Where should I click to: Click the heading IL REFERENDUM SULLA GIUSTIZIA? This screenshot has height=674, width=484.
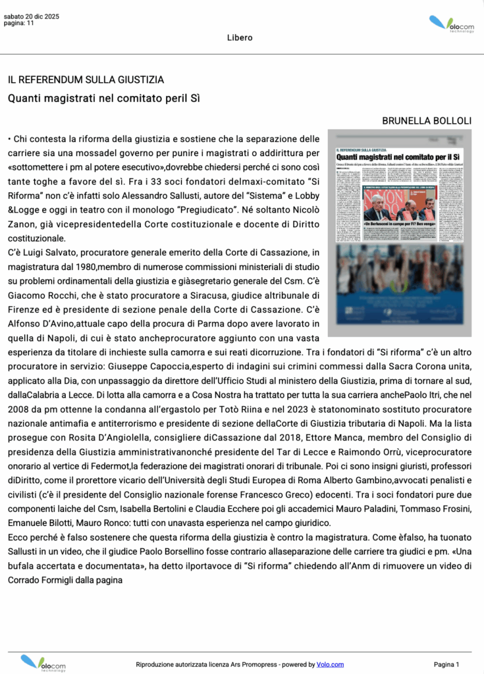(x=86, y=80)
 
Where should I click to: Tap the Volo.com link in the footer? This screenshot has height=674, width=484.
(x=330, y=664)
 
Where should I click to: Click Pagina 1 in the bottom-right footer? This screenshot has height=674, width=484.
(x=446, y=664)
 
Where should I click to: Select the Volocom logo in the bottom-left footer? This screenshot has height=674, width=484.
(x=44, y=662)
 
